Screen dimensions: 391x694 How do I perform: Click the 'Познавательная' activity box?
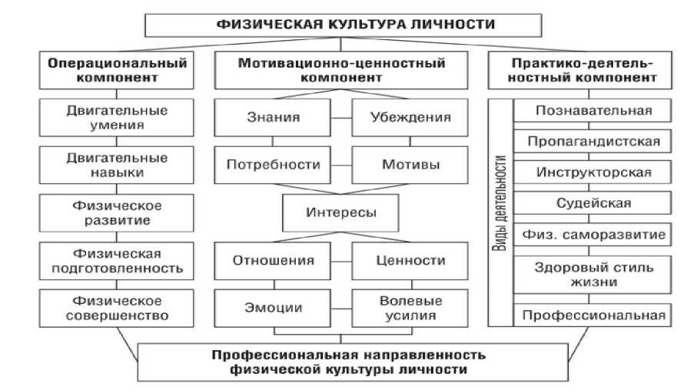click(593, 111)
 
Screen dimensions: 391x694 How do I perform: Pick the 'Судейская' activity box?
click(593, 203)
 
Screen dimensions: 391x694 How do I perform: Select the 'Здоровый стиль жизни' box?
click(593, 275)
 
